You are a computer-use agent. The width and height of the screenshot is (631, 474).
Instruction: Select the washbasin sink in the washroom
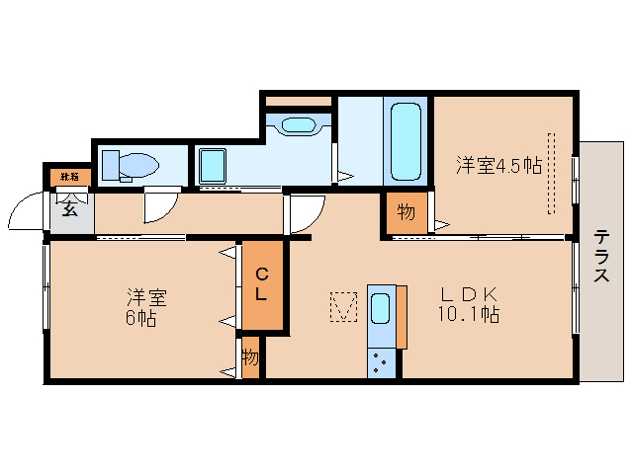(297, 125)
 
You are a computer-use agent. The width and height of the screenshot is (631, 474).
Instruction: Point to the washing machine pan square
(213, 165)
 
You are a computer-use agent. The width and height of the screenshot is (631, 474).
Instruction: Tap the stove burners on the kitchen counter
(381, 362)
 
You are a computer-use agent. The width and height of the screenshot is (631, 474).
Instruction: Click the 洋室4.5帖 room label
(498, 165)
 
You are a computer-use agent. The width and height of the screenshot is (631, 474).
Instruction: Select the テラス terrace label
(601, 256)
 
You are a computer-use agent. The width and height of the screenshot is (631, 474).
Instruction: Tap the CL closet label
(262, 284)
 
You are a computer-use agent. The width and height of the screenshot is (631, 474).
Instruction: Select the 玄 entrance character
(70, 207)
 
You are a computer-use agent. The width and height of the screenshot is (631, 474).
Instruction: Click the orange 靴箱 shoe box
(71, 177)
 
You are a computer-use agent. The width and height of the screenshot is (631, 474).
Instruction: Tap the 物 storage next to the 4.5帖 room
(406, 211)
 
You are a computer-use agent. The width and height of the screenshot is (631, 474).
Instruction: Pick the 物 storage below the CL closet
(250, 357)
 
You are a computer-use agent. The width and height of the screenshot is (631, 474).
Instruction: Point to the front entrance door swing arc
(25, 210)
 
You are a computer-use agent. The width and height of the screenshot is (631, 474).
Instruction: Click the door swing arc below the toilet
(157, 205)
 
